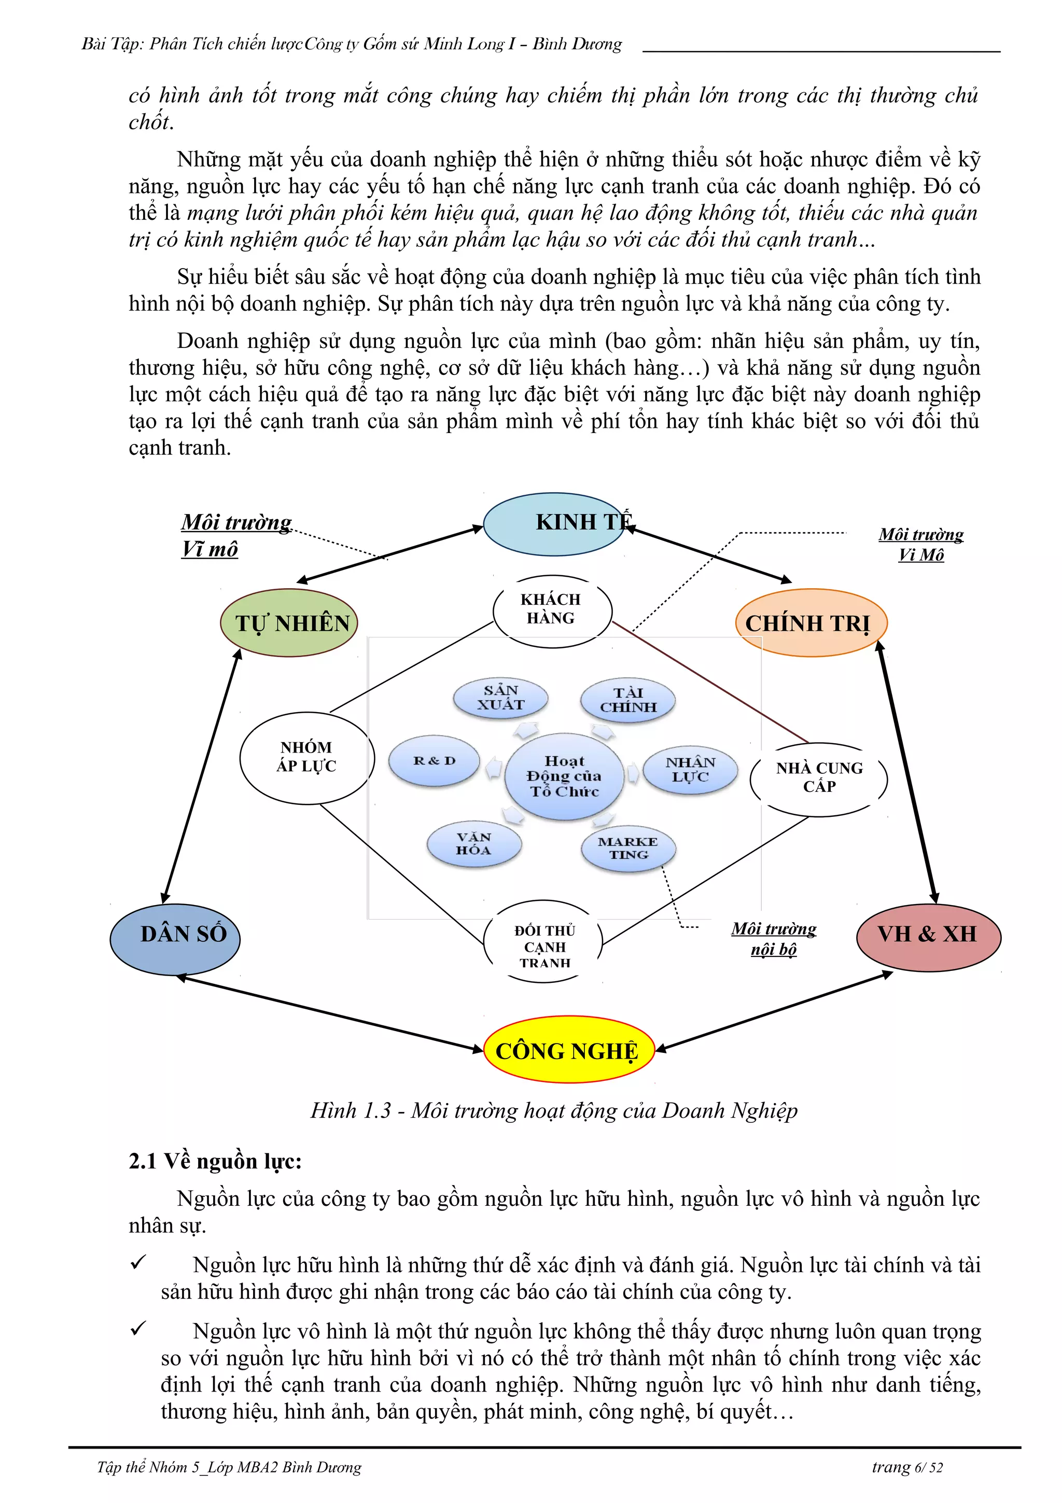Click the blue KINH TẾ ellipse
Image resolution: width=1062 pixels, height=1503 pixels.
pyautogui.click(x=554, y=524)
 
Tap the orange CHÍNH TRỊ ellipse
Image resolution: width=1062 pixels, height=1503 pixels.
pyautogui.click(x=811, y=622)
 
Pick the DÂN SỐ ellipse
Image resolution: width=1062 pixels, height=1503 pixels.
pyautogui.click(x=175, y=939)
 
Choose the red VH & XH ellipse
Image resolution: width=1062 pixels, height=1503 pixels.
pyautogui.click(x=928, y=938)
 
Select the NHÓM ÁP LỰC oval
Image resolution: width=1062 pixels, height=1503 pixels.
pyautogui.click(x=307, y=757)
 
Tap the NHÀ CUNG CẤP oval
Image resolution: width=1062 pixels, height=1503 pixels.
pyautogui.click(x=819, y=778)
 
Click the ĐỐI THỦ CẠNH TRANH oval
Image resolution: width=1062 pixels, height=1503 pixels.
pyautogui.click(x=544, y=946)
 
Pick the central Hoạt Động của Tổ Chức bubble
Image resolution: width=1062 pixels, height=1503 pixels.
pyautogui.click(x=564, y=776)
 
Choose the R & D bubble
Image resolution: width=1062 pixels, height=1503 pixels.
pyautogui.click(x=435, y=761)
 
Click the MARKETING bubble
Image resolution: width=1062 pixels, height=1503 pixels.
pyautogui.click(x=627, y=848)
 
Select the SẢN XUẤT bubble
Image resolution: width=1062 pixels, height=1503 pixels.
pyautogui.click(x=500, y=698)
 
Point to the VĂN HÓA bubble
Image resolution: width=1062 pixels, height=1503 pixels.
pyautogui.click(x=474, y=844)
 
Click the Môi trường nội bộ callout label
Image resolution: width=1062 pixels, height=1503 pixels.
pyautogui.click(x=774, y=939)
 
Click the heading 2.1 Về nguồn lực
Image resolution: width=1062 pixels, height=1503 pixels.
pyautogui.click(x=215, y=1161)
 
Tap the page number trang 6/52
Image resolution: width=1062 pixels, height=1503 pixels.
pyautogui.click(x=907, y=1467)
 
